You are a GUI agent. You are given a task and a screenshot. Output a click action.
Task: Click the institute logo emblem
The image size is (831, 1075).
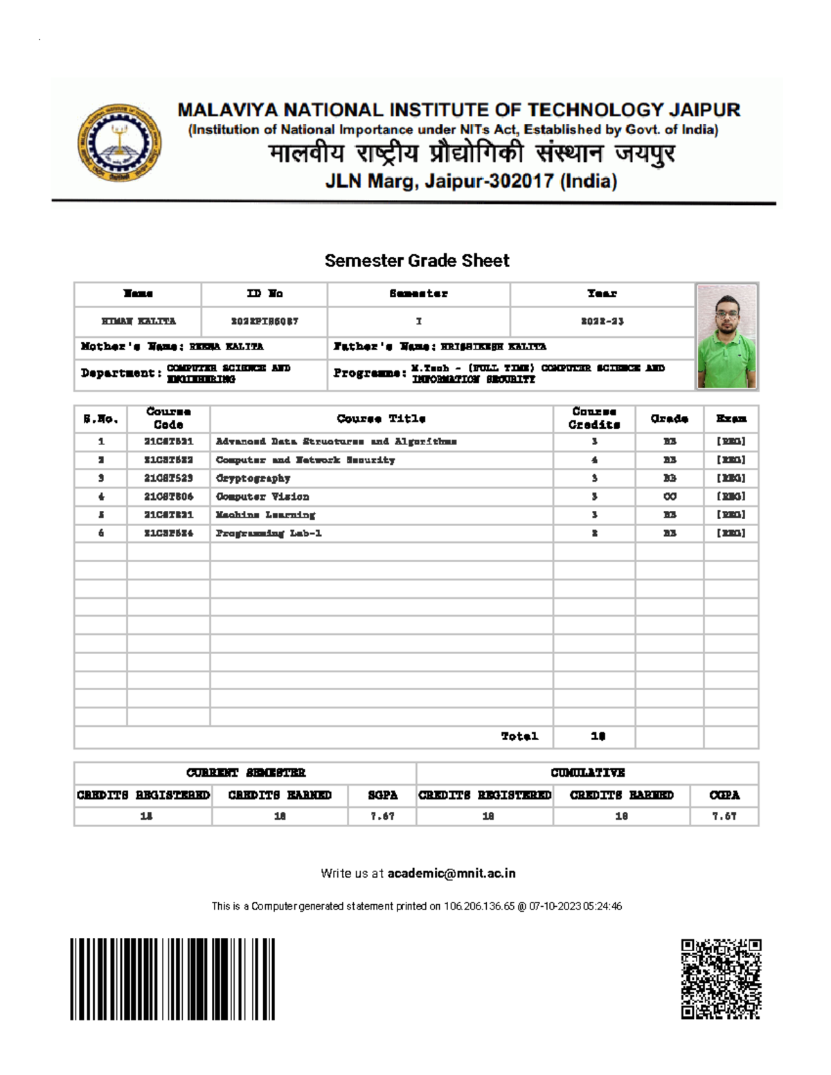click(x=119, y=143)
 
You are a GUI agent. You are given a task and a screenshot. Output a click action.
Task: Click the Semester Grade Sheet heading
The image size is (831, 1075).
click(x=417, y=261)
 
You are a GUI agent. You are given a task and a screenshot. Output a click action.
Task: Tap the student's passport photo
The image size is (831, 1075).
click(x=726, y=336)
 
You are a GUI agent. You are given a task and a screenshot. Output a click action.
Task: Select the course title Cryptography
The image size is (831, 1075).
click(x=253, y=478)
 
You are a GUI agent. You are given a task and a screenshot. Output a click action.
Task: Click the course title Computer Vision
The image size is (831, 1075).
click(x=262, y=497)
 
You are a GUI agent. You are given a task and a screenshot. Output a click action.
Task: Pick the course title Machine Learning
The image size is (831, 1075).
click(x=265, y=515)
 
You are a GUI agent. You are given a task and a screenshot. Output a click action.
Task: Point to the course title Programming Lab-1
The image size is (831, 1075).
click(x=269, y=534)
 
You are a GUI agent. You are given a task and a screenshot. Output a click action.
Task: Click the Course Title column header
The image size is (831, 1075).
click(x=381, y=419)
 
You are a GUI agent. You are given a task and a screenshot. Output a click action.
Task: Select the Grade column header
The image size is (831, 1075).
click(x=669, y=419)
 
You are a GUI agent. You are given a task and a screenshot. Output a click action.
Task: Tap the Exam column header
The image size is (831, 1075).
click(x=731, y=419)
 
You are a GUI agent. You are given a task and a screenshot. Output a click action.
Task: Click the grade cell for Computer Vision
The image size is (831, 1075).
click(x=670, y=497)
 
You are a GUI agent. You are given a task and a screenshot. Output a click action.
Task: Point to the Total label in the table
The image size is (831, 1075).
click(x=519, y=737)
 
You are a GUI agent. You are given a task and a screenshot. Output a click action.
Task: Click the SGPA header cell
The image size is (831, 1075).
click(x=382, y=795)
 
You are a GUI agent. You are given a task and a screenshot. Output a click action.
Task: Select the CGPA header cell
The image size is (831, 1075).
click(x=724, y=795)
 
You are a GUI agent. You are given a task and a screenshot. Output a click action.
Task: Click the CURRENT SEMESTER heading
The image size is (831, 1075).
click(x=246, y=773)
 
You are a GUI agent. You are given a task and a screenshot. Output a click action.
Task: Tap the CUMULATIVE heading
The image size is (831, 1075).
click(x=587, y=773)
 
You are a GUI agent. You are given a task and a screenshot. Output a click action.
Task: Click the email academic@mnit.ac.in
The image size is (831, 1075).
click(x=452, y=874)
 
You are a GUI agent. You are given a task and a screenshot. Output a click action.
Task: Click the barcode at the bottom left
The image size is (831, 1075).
click(x=172, y=979)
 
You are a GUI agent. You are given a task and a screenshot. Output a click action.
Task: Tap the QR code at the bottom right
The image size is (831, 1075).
click(x=721, y=979)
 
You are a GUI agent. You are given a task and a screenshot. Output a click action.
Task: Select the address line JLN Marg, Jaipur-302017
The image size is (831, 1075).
click(x=471, y=181)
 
